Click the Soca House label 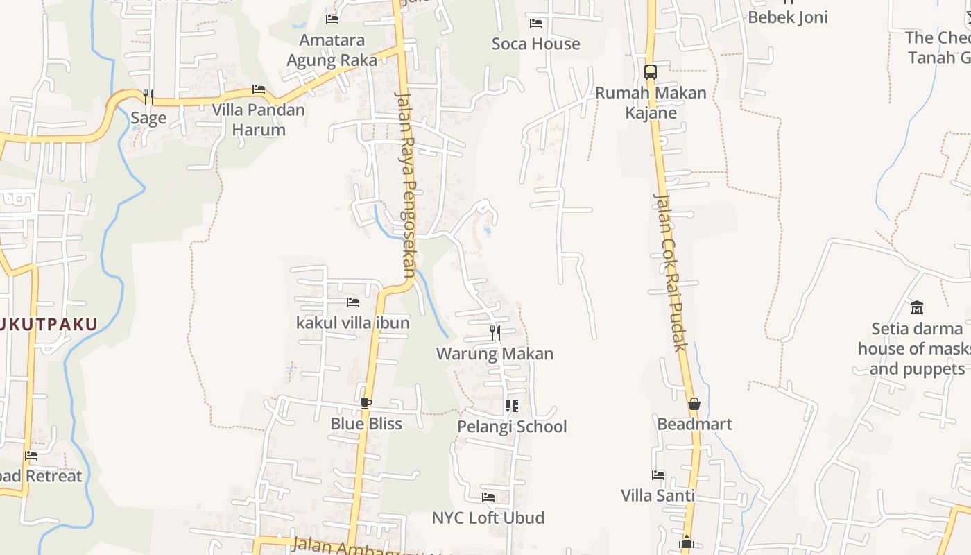point(535,44)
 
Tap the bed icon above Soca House point(536,24)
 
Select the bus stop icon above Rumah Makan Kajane point(650,71)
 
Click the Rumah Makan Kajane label point(651,103)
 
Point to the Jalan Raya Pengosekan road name point(406,184)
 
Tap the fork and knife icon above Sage point(148,97)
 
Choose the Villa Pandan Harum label point(259,119)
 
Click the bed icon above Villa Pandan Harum point(259,89)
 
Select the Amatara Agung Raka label point(332,50)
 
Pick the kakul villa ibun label point(353,323)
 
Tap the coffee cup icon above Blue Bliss point(366,403)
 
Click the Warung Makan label point(495,354)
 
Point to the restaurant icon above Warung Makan point(495,333)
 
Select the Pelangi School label point(512,426)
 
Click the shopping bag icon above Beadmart point(694,404)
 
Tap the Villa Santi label point(658,495)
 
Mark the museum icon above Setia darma point(917,307)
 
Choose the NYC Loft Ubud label point(488,518)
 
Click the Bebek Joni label point(788,17)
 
